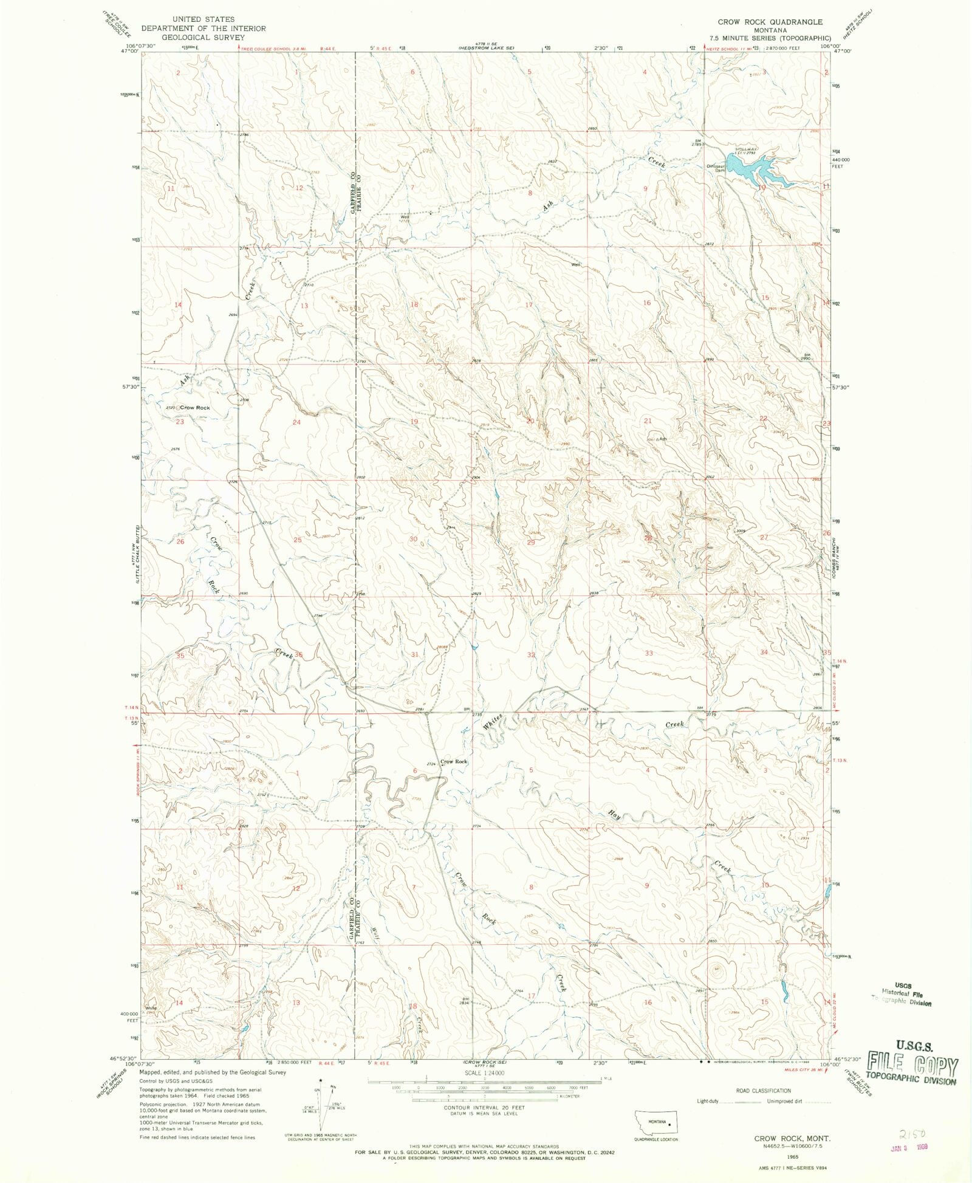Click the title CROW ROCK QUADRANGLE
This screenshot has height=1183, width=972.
tap(770, 22)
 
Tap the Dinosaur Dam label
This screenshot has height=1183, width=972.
tap(716, 168)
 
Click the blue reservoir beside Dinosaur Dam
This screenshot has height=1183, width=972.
tap(753, 170)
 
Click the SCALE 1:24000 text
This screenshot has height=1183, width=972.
tap(484, 1073)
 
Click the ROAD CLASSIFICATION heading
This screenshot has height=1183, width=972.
tap(763, 1091)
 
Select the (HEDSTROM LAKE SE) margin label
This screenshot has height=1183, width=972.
tap(485, 48)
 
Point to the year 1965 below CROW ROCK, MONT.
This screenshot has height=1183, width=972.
tap(792, 1157)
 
